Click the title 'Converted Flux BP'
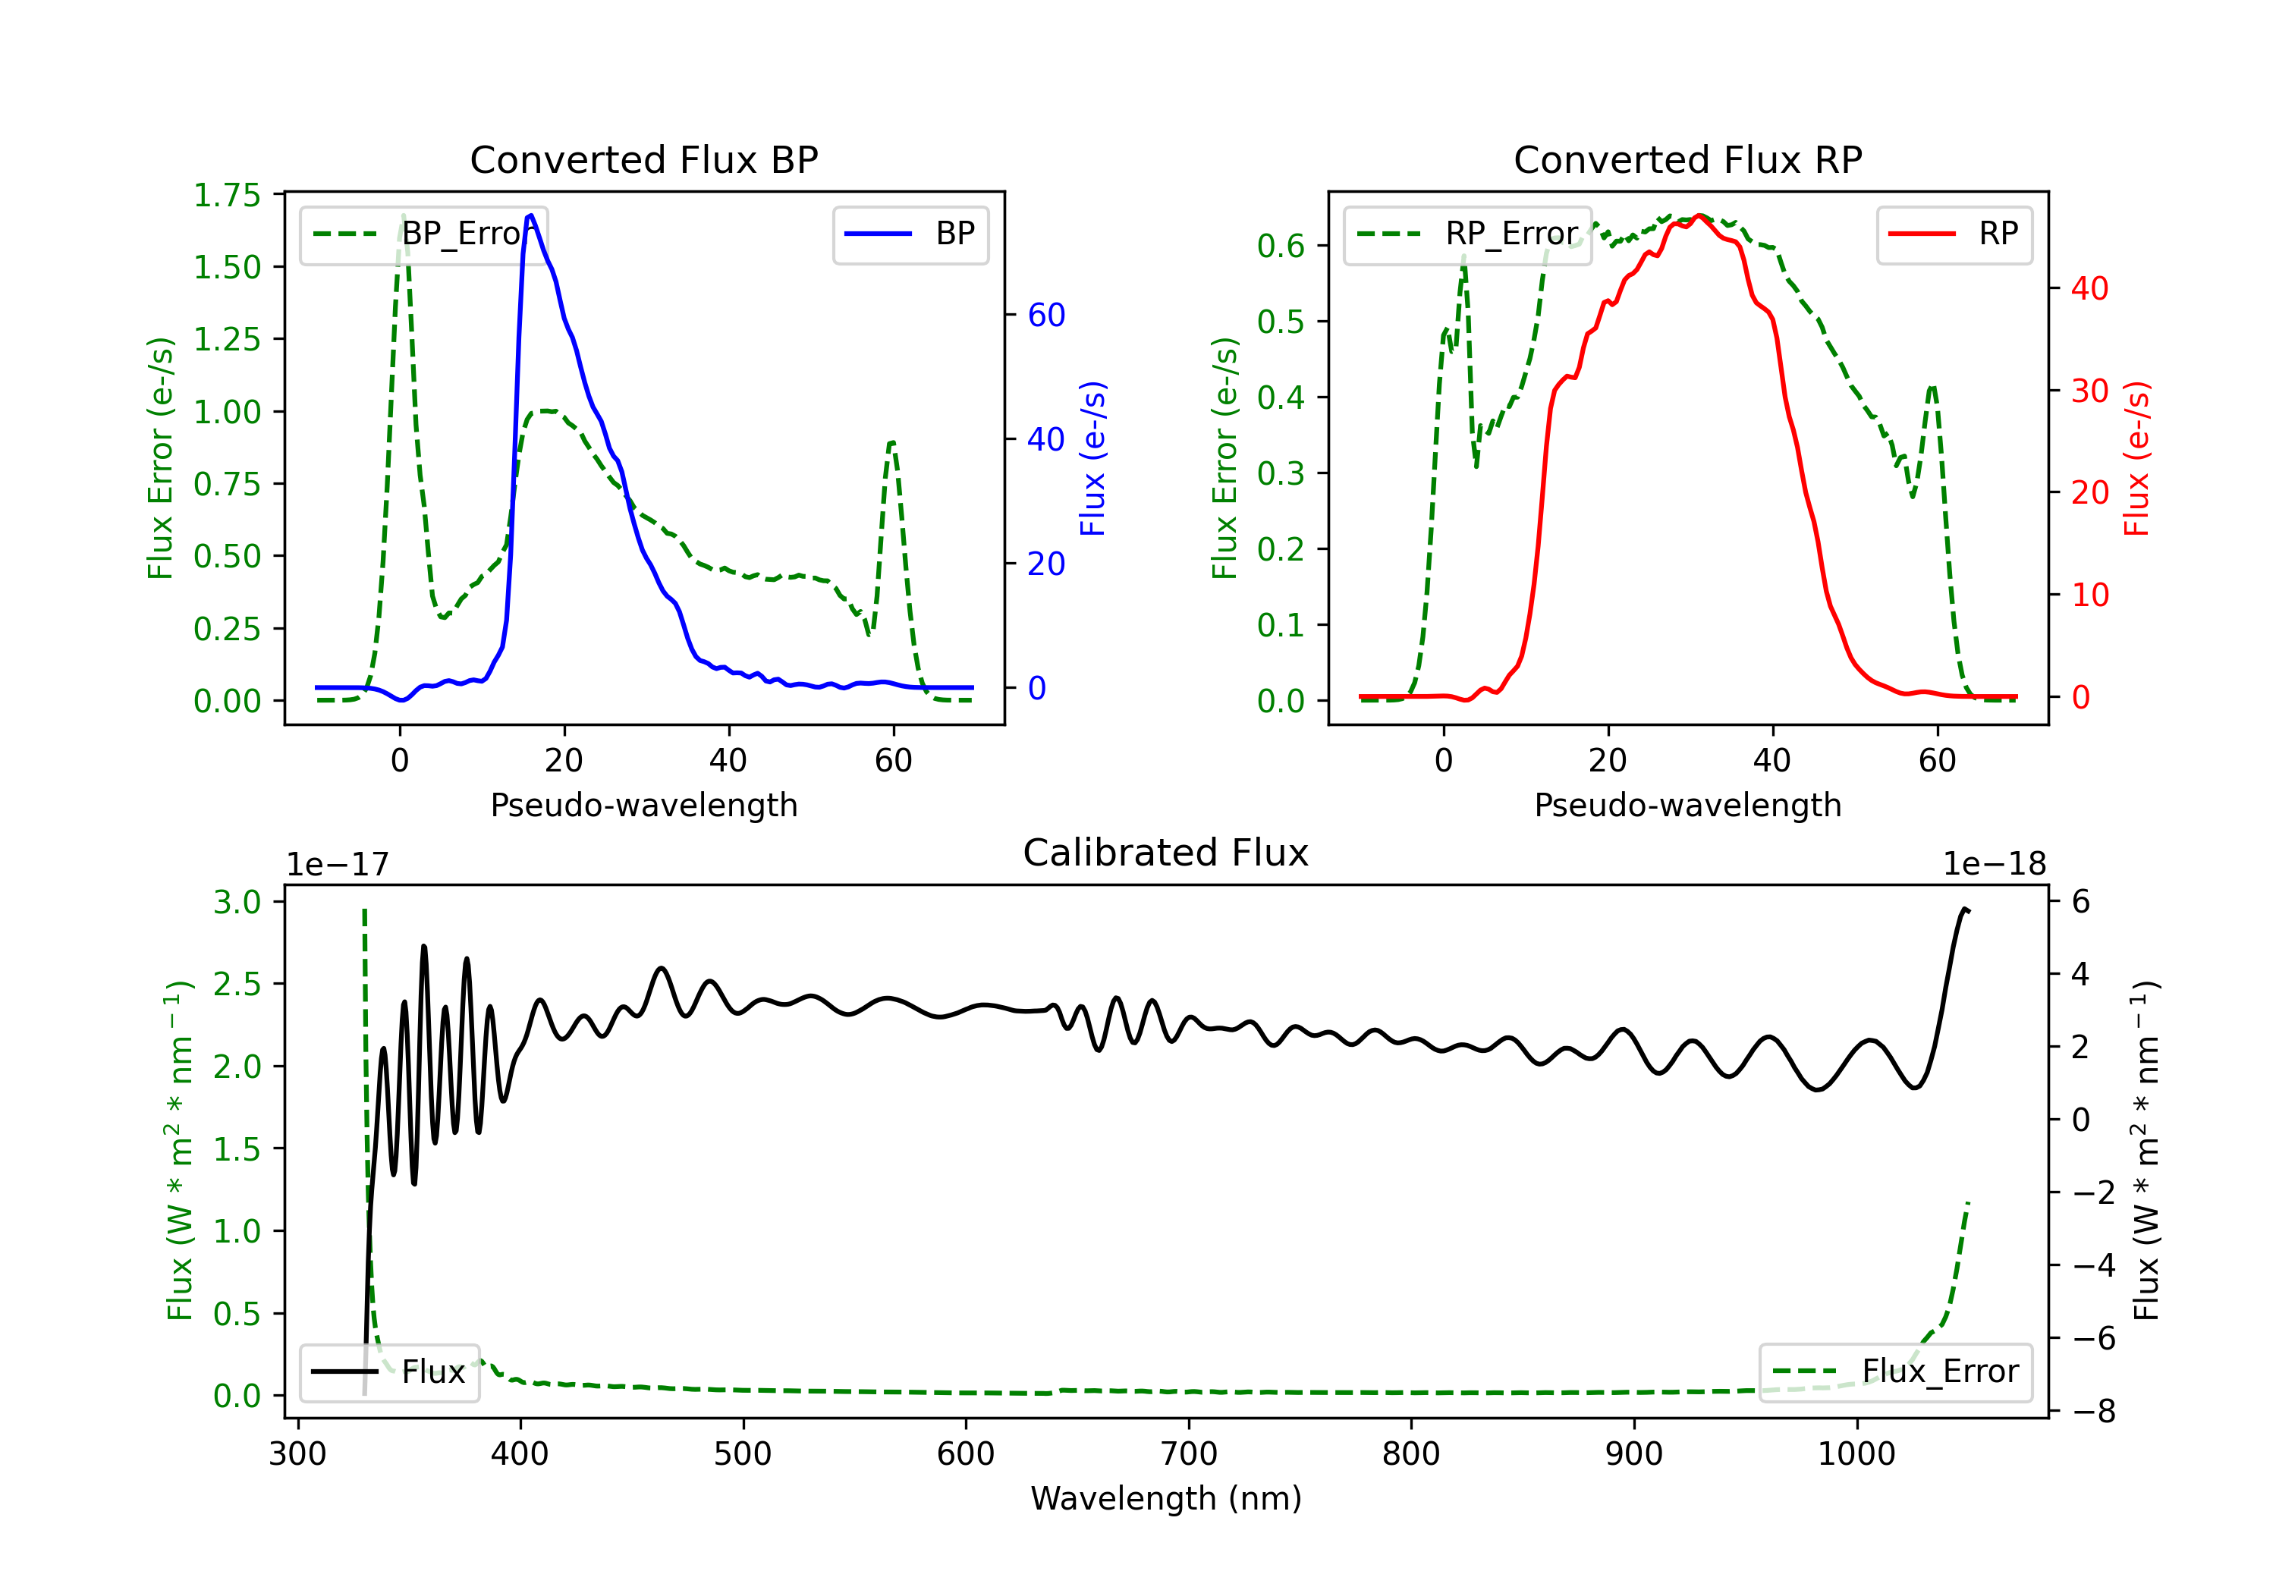[643, 159]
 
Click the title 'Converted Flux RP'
[1687, 159]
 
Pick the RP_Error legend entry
[1468, 234]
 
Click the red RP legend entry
[1954, 234]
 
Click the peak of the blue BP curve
[531, 215]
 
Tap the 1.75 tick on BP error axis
[226, 195]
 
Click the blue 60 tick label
[1045, 316]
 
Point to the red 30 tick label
[2089, 391]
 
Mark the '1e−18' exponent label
[1994, 865]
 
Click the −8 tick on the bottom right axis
[2086, 1411]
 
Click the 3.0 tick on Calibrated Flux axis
[237, 902]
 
